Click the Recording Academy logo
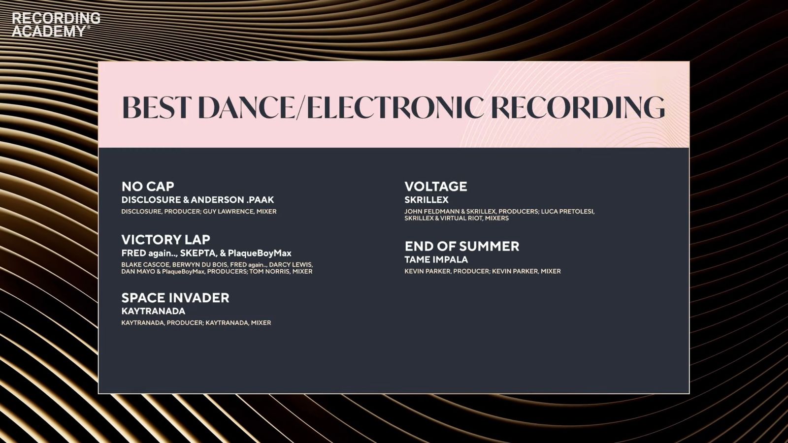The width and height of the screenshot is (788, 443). coord(56,25)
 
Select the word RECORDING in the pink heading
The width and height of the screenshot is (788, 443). coord(578,108)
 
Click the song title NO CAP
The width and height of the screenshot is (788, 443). coord(148,187)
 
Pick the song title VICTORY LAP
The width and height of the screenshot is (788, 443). coord(165,240)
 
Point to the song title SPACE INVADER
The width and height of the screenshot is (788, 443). coord(175,298)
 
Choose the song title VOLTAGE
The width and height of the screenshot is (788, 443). coord(436,187)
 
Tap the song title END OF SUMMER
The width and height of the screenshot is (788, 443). coord(462,246)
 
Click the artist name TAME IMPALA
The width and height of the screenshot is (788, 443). coord(436,259)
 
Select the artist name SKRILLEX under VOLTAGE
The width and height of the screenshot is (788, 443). coord(427,200)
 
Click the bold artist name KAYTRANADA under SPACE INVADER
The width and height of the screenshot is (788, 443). coord(153,311)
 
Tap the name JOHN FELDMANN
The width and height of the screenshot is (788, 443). coord(431,211)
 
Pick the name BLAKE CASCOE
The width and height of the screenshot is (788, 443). coord(145,265)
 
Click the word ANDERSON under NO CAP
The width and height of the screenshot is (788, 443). coord(217,200)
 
